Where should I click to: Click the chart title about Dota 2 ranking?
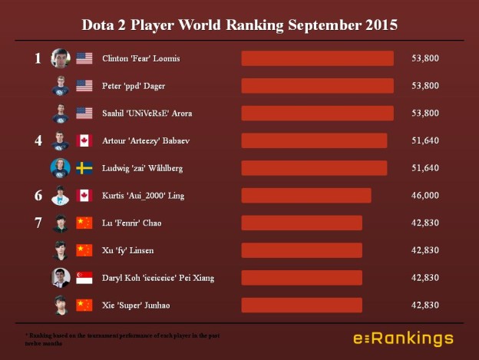point(240,25)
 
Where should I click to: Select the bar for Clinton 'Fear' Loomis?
point(317,58)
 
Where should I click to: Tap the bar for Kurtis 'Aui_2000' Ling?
point(306,195)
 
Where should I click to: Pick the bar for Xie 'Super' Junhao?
point(302,305)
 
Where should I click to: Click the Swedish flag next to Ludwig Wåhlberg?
point(84,168)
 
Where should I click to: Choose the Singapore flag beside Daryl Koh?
point(84,278)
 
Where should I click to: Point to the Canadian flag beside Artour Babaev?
point(84,140)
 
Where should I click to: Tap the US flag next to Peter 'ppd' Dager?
point(84,86)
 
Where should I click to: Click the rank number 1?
point(38,58)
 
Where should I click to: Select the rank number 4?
point(38,140)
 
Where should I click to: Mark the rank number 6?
point(38,196)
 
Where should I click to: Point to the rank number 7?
point(38,223)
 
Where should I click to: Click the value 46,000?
point(424,196)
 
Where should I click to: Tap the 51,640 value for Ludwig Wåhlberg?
point(424,168)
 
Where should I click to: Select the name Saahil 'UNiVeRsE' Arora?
point(147,114)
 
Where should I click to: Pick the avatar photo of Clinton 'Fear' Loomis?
point(61,58)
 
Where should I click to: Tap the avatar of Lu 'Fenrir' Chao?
point(61,223)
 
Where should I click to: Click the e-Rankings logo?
point(403,338)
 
